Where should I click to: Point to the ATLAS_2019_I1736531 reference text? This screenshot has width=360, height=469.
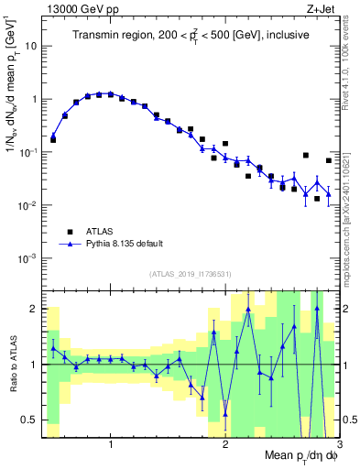tap(191, 274)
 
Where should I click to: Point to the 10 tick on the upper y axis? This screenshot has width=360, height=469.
tap(32, 45)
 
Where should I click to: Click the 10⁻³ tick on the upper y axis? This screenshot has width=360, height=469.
tap(30, 258)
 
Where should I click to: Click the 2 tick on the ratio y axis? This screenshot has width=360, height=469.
tap(35, 309)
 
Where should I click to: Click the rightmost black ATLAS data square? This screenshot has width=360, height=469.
tap(328, 160)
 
